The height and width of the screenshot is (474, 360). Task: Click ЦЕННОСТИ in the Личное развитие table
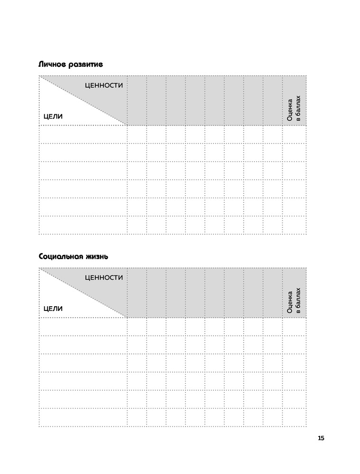click(x=104, y=85)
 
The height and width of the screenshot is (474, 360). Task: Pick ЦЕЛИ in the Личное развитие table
click(x=53, y=116)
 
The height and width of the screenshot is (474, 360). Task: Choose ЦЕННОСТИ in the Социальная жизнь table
click(x=104, y=277)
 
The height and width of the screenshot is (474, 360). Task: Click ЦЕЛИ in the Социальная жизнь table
click(x=53, y=308)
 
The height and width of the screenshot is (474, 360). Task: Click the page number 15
click(x=321, y=438)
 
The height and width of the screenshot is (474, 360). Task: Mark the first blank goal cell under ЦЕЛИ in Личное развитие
click(x=83, y=134)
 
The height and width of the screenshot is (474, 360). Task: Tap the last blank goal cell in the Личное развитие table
click(x=83, y=225)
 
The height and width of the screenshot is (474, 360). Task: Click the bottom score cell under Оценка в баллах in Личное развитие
click(x=294, y=225)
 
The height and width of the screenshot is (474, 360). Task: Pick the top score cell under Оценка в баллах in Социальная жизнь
click(x=294, y=326)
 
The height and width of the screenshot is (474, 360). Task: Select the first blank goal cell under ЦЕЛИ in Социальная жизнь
click(x=83, y=326)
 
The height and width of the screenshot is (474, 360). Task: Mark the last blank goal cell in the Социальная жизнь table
click(x=83, y=417)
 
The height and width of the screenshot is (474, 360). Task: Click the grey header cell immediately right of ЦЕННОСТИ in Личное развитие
click(x=137, y=100)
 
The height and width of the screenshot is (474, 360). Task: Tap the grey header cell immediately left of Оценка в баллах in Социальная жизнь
click(x=273, y=292)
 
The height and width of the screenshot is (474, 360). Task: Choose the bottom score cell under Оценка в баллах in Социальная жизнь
click(x=294, y=417)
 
